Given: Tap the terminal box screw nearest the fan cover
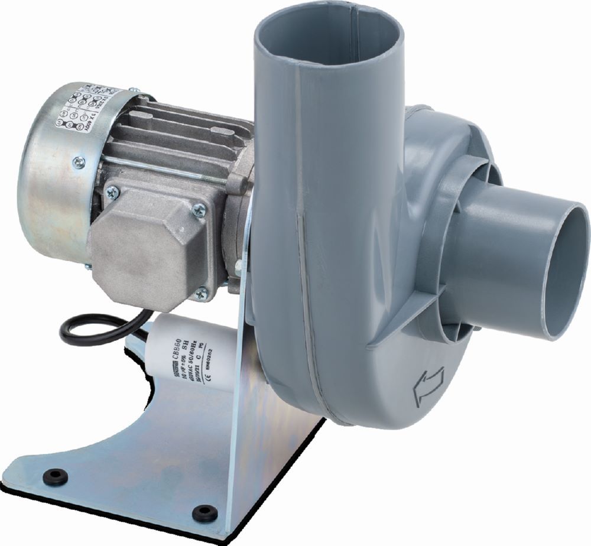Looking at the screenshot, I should (112, 190).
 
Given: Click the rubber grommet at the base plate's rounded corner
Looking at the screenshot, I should (56, 474).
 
